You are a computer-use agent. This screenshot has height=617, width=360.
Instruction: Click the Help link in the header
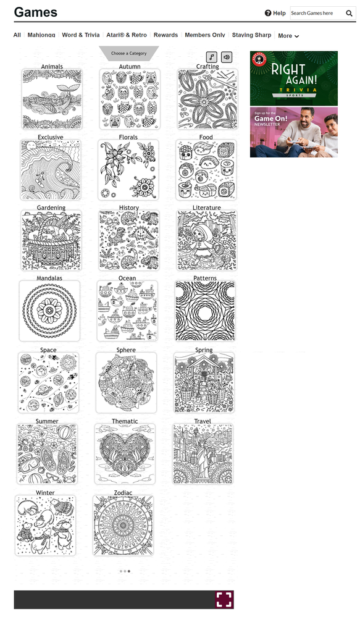pos(275,13)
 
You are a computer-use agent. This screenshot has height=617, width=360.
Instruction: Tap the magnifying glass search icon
pos(349,14)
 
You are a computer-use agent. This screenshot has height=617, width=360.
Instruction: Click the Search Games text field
pos(317,13)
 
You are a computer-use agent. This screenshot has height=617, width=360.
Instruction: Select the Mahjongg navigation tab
pos(41,35)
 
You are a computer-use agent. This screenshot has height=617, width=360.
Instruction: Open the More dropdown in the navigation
pos(288,35)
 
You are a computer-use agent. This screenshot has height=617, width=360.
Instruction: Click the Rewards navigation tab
pos(165,35)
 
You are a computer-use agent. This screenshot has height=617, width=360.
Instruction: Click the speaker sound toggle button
pos(227,57)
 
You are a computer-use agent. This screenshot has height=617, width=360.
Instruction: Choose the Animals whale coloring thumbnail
pos(52,99)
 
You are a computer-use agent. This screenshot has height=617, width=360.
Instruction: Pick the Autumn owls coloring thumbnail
pos(130,99)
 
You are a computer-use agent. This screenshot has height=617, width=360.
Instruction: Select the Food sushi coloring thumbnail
pos(206,170)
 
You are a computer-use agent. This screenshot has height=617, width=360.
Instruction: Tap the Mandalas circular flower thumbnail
pos(49,311)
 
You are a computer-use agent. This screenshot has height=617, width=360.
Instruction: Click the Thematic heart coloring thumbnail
pos(125,454)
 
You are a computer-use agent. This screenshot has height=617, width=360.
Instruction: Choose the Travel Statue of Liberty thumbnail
pos(203,454)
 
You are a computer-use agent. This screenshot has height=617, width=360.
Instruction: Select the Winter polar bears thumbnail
pos(45,526)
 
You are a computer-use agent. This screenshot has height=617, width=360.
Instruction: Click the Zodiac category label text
pos(123,493)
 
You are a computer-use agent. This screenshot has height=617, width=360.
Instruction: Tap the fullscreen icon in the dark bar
pos(224,599)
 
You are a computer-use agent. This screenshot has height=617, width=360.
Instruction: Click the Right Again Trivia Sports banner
pos(294,78)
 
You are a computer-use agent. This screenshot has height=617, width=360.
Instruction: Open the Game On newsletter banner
pos(294,133)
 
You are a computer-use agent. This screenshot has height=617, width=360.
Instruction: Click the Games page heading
pos(36,12)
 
